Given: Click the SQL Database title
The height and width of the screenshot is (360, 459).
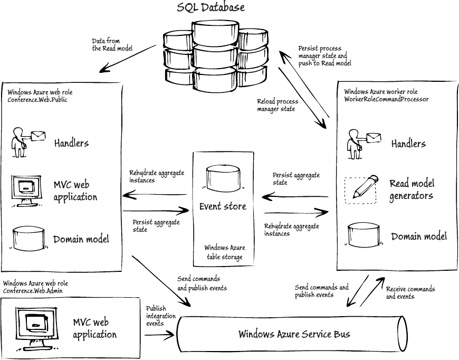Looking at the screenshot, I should [211, 7].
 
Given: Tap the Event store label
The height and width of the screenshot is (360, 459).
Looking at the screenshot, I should [223, 206].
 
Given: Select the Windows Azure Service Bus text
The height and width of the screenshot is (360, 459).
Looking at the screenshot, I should [294, 334].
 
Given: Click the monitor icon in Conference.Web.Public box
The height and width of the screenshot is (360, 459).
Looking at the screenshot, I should [26, 191].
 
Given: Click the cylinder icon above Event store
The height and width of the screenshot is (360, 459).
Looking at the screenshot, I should [222, 177].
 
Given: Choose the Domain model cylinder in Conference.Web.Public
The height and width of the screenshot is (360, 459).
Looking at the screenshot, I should [29, 239].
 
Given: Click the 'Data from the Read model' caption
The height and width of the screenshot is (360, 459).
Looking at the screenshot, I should [112, 44].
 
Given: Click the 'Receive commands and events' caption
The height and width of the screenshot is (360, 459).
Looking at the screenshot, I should [410, 292].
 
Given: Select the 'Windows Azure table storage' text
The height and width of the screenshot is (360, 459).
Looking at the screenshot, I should [224, 252].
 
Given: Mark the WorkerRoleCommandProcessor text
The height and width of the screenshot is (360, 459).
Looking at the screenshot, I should [386, 99].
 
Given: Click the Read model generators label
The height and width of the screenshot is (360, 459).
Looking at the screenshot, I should [412, 190].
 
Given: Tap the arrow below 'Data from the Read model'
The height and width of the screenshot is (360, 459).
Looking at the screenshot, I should [127, 60].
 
